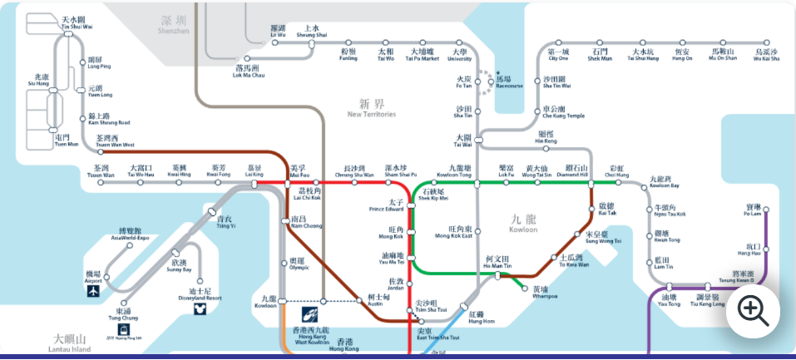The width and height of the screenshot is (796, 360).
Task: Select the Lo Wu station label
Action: tap(278, 31)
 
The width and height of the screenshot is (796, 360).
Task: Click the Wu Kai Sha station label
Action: tap(765, 55)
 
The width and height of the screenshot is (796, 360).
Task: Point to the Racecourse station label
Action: tap(508, 81)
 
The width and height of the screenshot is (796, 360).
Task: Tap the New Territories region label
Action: tap(371, 108)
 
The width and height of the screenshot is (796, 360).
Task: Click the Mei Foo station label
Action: tap(298, 171)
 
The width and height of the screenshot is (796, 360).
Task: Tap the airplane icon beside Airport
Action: tap(92, 292)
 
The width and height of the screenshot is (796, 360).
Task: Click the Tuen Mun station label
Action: tap(67, 141)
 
